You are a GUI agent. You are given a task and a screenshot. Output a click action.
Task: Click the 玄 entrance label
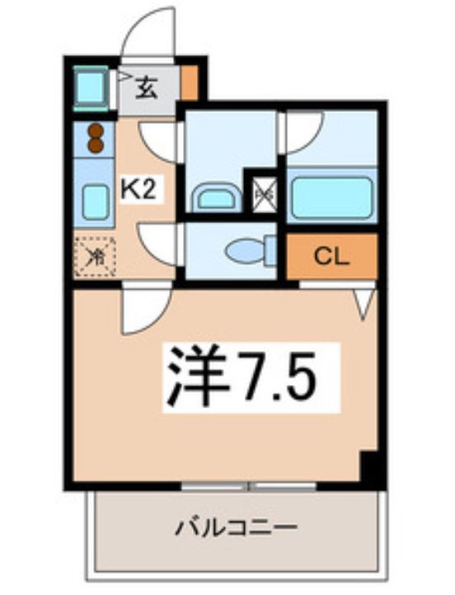(146, 86)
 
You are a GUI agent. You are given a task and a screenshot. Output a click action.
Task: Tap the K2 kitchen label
(138, 191)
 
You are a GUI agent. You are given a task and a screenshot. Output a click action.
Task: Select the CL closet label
(331, 257)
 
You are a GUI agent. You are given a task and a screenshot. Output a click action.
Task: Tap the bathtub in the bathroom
(331, 196)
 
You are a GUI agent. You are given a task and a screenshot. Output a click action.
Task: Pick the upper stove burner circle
(95, 130)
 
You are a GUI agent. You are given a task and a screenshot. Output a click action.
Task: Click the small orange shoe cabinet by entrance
(190, 83)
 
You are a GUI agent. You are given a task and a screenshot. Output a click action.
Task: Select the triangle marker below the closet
(364, 302)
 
